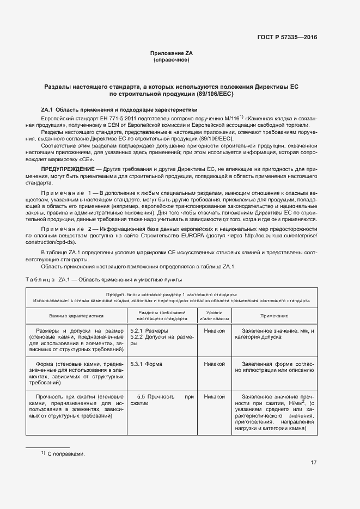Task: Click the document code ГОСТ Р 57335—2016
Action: click(287, 37)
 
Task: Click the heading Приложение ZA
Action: click(172, 53)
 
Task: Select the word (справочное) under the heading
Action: click(172, 60)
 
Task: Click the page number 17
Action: click(313, 463)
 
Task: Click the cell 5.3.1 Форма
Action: click(146, 364)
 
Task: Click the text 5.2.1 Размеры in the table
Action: click(149, 331)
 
